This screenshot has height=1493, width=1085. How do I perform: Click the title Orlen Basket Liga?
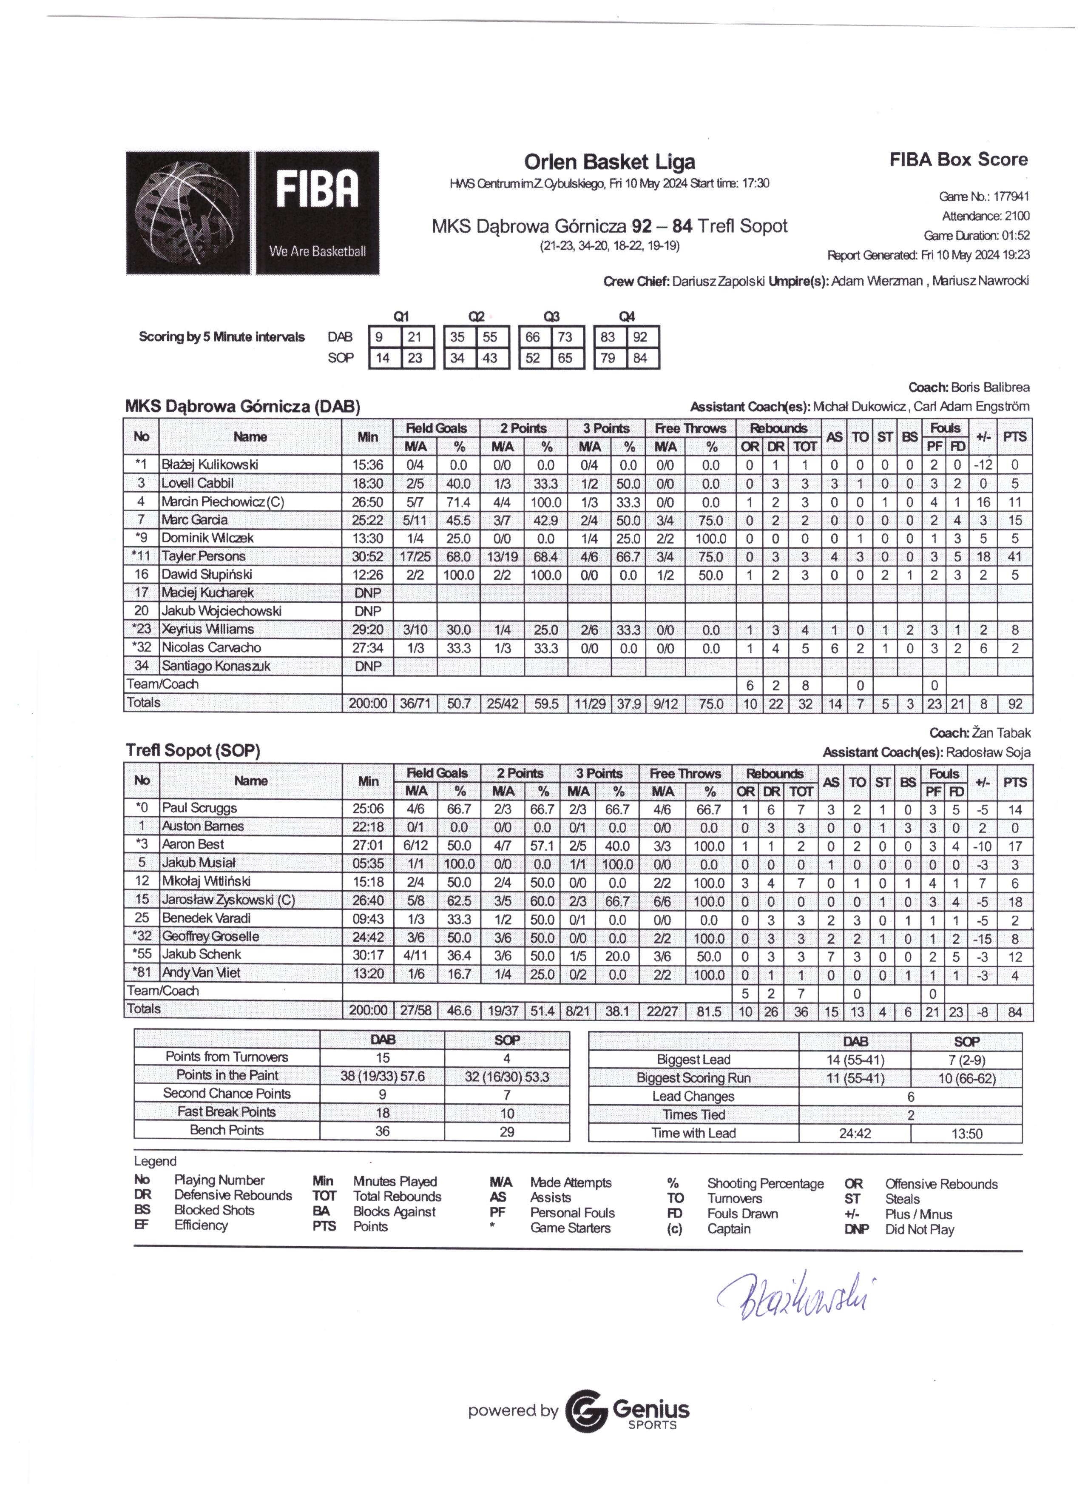coord(609,162)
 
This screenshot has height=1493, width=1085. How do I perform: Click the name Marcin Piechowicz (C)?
coord(222,501)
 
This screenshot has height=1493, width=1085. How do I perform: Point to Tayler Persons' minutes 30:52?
coord(367,556)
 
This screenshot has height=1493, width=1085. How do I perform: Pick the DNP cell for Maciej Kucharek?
coord(367,593)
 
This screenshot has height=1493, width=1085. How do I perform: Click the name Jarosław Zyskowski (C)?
coord(227,900)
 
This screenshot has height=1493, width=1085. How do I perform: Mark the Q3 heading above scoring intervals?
coord(551,316)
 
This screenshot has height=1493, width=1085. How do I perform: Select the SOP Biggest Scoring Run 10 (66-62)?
coord(966,1078)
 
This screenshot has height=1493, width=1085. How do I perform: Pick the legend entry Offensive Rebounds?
coord(940,1184)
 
